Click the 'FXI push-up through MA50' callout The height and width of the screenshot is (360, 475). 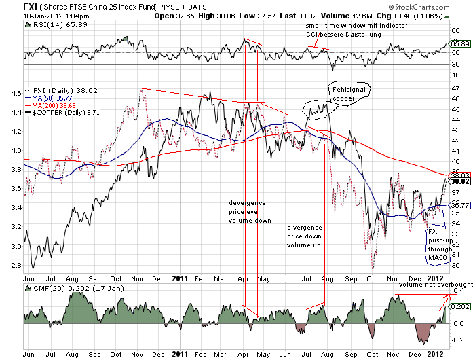click(x=436, y=245)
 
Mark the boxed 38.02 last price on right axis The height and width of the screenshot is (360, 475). click(x=460, y=182)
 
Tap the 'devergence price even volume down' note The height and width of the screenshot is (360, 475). click(x=248, y=212)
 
